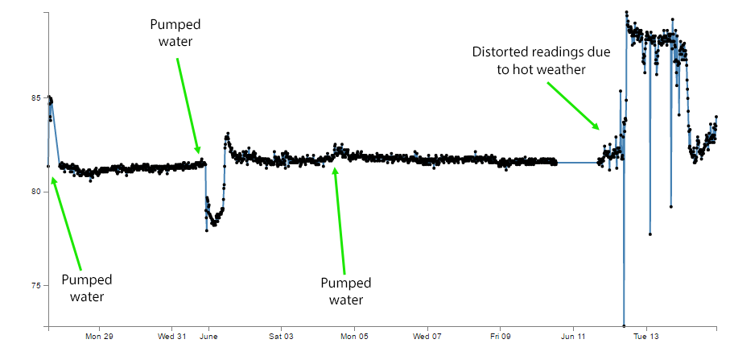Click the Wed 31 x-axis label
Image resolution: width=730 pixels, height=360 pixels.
[x=172, y=336]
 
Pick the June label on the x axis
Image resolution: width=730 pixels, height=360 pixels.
[x=209, y=336]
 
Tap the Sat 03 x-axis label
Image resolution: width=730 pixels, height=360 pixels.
[x=281, y=336]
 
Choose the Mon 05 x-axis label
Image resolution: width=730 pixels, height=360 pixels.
[x=354, y=336]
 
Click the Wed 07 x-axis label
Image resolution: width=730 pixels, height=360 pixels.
[x=427, y=336]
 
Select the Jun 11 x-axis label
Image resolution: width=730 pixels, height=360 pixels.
[x=573, y=336]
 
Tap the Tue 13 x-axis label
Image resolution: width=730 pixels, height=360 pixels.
[x=645, y=336]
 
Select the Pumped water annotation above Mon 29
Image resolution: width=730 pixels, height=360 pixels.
[x=87, y=288]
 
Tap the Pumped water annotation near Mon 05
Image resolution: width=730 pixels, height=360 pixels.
[x=346, y=291]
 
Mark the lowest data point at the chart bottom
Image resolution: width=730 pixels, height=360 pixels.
[x=625, y=326]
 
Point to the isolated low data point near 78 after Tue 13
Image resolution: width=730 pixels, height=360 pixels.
[x=650, y=234]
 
